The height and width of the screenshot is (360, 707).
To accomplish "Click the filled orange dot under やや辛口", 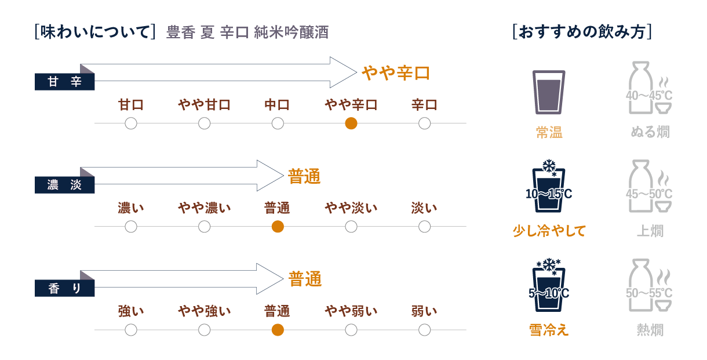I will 351,123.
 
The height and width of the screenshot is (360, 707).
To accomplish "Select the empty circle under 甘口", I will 131,123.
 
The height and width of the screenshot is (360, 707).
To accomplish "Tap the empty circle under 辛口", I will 424,123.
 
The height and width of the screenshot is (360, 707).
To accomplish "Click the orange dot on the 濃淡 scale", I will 278,227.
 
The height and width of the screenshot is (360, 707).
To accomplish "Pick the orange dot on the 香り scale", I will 278,330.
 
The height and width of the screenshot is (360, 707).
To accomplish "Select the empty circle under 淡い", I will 424,227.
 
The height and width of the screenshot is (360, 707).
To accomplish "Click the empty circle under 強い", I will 131,330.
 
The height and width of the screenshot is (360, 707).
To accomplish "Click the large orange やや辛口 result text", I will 396,73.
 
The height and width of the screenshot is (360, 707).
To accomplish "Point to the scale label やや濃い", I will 204,208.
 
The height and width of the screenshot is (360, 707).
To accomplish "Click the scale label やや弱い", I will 351,311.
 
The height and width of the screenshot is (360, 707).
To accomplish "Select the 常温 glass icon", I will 548,92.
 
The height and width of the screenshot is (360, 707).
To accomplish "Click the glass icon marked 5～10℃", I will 548,286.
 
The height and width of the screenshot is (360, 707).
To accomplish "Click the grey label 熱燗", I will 650,330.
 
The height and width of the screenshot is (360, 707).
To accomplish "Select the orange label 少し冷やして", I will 549,231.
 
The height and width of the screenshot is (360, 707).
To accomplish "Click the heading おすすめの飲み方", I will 582,31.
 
